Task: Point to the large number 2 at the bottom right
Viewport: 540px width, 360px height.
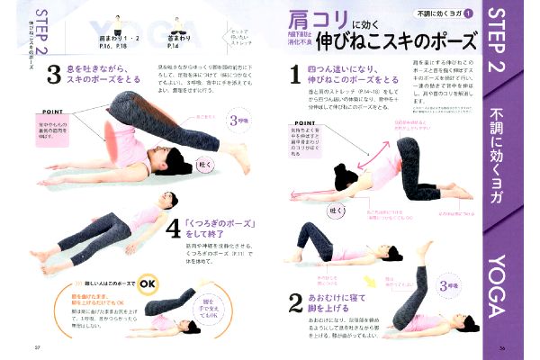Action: tap(295, 302)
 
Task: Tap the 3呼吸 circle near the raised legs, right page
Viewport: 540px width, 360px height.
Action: tap(446, 285)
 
